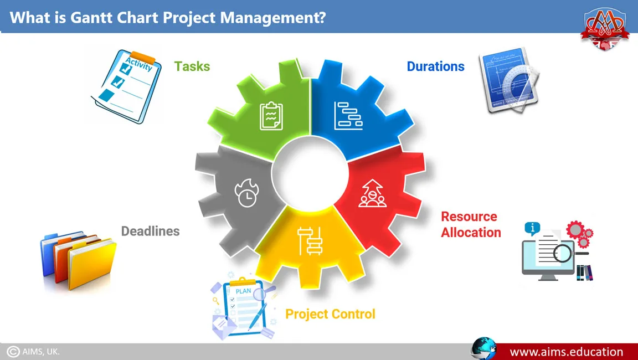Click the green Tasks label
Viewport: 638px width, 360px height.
pos(192,66)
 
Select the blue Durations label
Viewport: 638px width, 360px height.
pos(435,66)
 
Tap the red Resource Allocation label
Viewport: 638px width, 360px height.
pos(471,224)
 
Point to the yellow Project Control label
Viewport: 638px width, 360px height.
pos(330,314)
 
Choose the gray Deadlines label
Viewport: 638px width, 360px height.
pos(150,231)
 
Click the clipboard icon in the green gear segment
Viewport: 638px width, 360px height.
pos(271,116)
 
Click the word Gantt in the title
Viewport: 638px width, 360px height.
pos(91,18)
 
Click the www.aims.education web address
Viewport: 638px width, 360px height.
pos(566,352)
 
